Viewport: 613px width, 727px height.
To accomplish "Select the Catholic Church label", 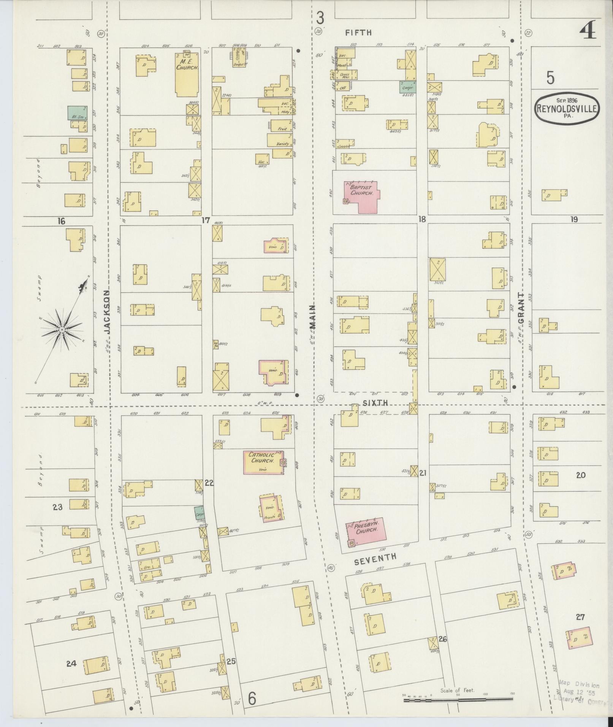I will coord(261,457).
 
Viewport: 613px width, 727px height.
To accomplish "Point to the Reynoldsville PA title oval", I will coord(568,108).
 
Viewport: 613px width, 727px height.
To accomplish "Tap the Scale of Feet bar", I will coord(458,699).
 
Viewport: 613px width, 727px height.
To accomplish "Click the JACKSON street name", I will coord(107,312).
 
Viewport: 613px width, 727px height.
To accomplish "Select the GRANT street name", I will coord(521,308).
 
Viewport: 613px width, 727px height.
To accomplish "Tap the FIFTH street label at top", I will coord(358,33).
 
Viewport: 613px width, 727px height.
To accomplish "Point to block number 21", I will coord(423,473).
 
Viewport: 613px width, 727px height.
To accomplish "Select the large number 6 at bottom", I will coord(252,698).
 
